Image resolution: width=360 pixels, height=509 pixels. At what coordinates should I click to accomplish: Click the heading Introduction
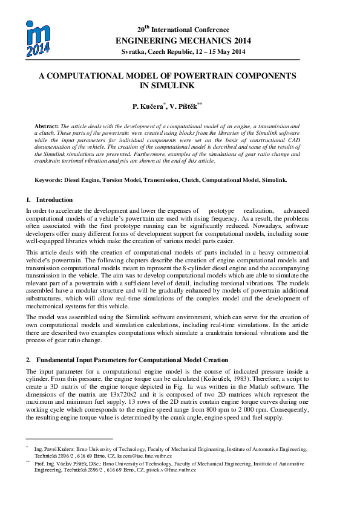coord(54,199)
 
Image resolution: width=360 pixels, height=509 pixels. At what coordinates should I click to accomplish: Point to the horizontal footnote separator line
coord(69,439)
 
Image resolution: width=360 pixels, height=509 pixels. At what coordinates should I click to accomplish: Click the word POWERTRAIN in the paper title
coord(212,77)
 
